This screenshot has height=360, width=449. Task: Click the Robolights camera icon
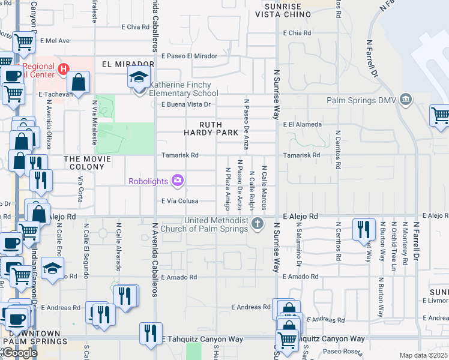click(177, 180)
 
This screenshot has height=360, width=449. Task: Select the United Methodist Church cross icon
click(258, 224)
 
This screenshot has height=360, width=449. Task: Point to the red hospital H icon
click(63, 70)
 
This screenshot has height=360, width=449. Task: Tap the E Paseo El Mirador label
click(189, 56)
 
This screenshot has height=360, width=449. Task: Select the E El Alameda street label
click(302, 125)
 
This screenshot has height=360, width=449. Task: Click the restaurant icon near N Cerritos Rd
click(364, 229)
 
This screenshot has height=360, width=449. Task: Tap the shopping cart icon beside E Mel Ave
click(23, 43)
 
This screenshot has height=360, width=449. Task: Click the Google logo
click(20, 353)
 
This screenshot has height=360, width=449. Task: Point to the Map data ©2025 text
click(423, 355)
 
